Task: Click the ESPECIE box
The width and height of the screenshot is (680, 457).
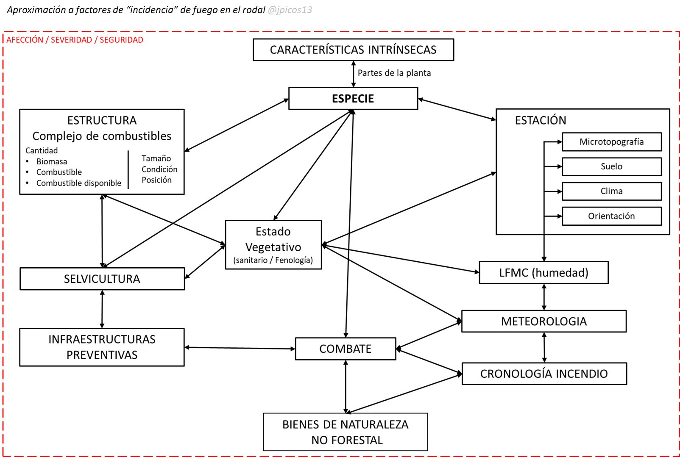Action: [353, 98]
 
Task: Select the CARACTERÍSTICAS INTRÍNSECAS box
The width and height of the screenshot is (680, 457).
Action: [353, 50]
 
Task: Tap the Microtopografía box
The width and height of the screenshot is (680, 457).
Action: [611, 142]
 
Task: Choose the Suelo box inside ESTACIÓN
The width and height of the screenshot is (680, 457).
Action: [611, 166]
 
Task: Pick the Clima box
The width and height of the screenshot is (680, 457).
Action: [611, 191]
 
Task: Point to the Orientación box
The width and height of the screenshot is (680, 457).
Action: [611, 216]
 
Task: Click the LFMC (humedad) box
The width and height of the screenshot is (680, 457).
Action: [543, 272]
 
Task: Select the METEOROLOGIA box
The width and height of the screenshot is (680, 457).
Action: [543, 321]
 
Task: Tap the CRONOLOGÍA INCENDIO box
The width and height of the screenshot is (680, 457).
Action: [544, 374]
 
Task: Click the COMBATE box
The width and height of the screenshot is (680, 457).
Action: [346, 349]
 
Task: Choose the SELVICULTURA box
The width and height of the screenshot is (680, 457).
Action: [102, 279]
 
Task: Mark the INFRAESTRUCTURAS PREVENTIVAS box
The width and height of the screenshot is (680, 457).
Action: [102, 347]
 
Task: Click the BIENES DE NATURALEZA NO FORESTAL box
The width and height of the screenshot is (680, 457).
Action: [346, 432]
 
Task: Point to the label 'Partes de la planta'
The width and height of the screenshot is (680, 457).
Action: [394, 73]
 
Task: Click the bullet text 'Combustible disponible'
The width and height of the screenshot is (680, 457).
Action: [79, 183]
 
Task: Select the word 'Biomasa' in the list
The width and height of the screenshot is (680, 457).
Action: [52, 161]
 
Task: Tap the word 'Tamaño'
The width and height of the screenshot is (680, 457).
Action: [156, 158]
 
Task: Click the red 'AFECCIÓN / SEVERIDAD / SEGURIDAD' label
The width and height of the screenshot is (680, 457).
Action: [75, 40]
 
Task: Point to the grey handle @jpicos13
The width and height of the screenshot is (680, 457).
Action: [290, 10]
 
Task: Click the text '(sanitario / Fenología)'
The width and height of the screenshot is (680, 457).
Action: [273, 260]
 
